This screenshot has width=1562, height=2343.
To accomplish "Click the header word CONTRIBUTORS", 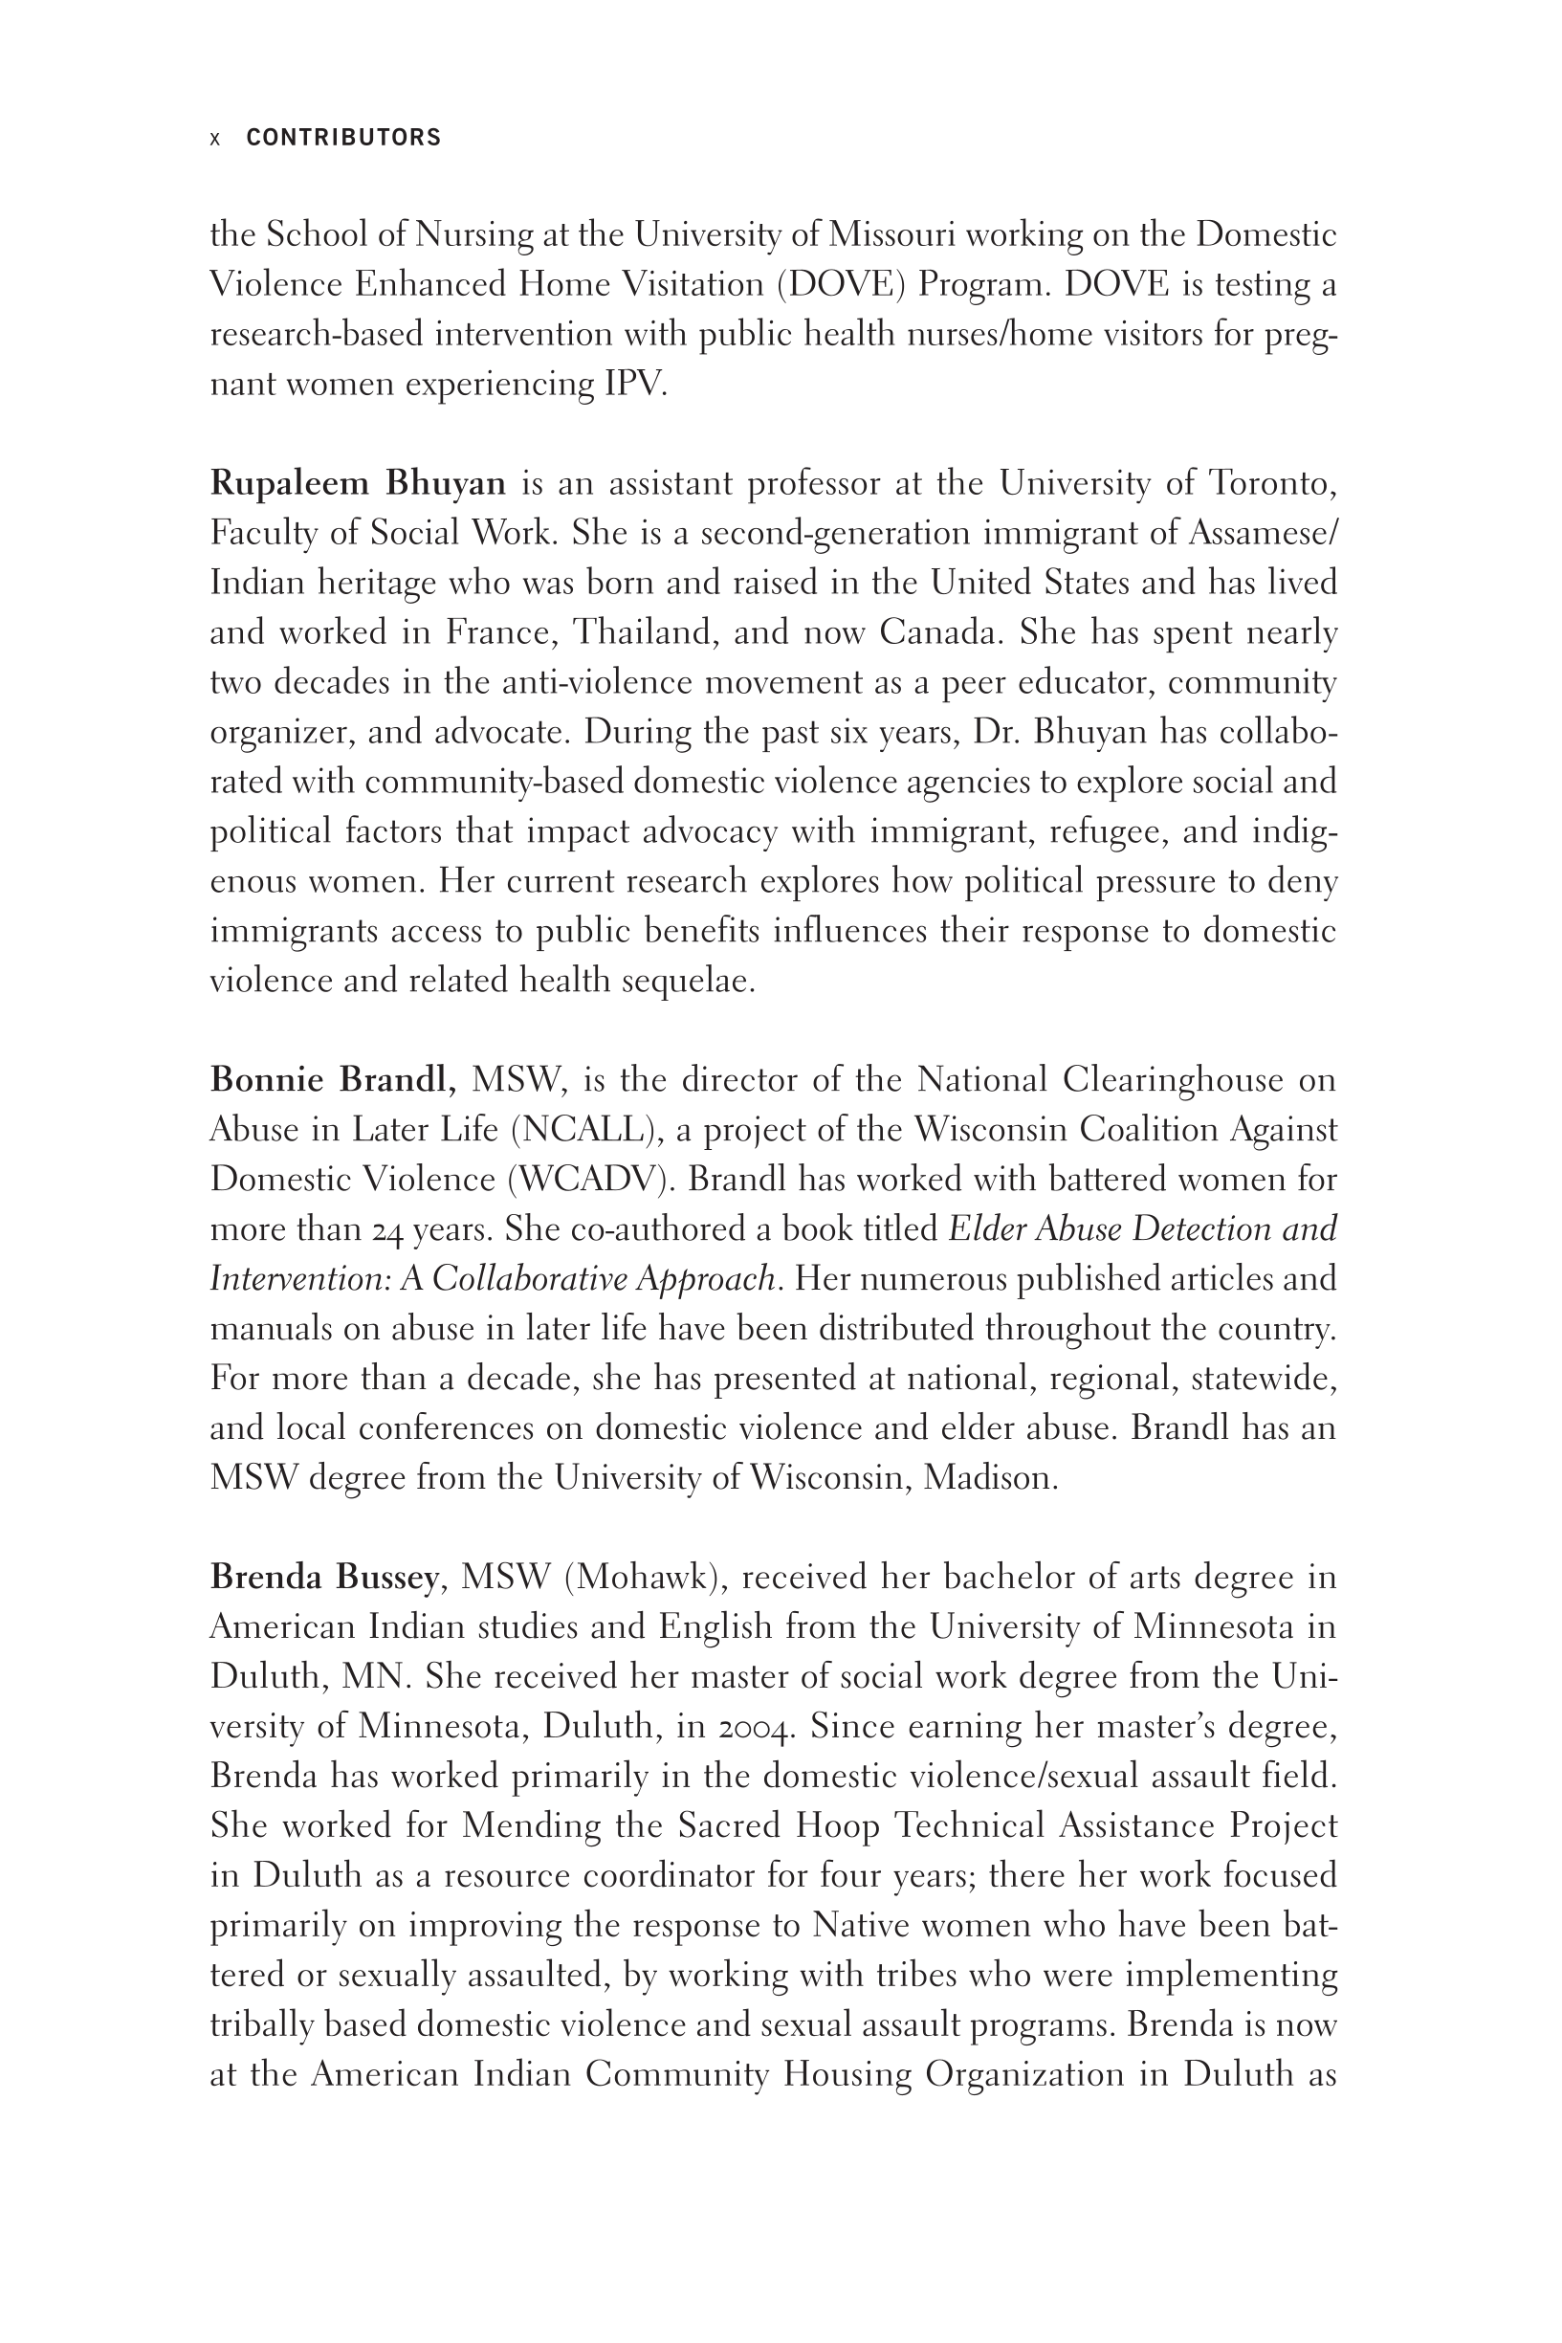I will coord(342,138).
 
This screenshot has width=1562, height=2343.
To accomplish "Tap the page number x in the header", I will coord(215,139).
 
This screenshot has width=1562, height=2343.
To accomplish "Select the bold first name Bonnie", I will coord(267,1081).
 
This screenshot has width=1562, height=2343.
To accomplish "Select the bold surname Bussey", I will coord(386,1579).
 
